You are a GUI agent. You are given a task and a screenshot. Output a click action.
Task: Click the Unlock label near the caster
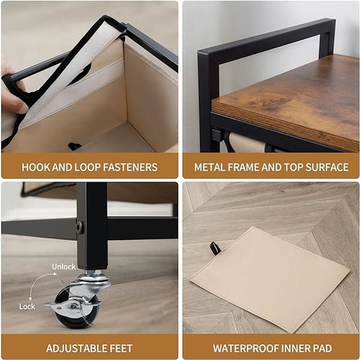click(64, 267)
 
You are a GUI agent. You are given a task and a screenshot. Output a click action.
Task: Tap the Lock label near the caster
click(27, 306)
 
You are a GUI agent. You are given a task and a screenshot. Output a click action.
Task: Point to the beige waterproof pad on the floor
click(270, 279)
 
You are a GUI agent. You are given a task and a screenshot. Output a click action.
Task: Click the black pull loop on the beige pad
click(215, 248)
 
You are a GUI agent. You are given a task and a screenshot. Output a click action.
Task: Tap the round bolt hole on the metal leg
click(79, 227)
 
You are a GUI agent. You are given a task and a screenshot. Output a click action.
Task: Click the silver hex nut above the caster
click(94, 272)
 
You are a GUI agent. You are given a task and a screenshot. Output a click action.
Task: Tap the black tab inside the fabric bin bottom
click(74, 146)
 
